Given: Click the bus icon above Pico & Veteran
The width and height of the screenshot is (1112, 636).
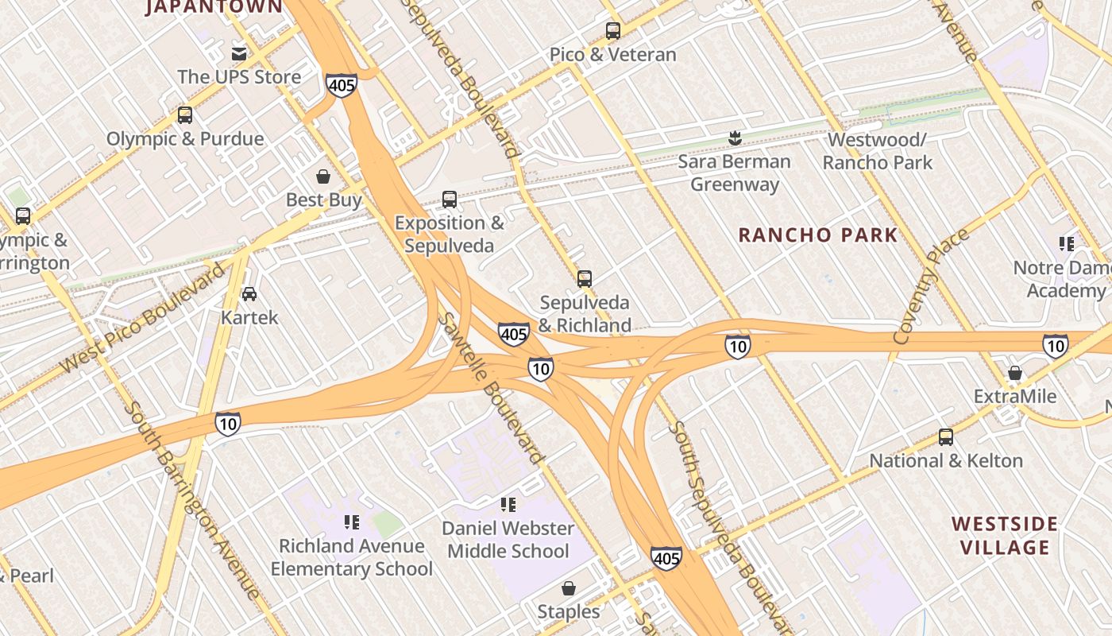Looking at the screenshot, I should click(612, 31).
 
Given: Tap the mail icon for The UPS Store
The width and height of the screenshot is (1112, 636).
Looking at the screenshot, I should click(238, 54).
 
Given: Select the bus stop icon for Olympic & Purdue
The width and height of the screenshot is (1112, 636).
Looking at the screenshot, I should click(185, 115).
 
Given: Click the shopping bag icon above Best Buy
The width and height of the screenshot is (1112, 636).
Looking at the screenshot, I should click(323, 176).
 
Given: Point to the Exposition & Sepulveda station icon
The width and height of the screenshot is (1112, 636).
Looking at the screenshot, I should click(450, 200).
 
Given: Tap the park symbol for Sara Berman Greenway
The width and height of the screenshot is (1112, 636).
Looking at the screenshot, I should click(735, 139).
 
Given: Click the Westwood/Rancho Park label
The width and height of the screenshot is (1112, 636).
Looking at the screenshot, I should click(877, 151).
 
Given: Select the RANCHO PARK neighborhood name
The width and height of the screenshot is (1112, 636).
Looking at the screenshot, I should click(817, 235).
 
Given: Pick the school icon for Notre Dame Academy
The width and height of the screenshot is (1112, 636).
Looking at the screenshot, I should click(1066, 244).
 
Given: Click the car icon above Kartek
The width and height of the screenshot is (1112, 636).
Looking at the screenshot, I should click(249, 294).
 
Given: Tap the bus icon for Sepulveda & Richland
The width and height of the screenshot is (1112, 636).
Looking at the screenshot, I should click(585, 279).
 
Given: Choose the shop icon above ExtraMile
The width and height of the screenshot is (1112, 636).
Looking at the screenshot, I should click(1014, 373).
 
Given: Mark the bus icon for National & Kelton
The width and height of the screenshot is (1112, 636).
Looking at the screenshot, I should click(945, 437).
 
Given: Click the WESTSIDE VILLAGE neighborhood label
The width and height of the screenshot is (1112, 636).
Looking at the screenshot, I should click(1004, 535).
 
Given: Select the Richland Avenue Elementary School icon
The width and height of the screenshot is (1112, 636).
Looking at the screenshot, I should click(351, 522).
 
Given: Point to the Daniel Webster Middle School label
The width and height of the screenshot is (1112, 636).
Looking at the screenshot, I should click(508, 539).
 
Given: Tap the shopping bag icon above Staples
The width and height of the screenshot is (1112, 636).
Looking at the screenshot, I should click(568, 588).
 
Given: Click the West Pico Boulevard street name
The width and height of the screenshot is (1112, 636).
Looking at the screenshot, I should click(144, 318).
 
